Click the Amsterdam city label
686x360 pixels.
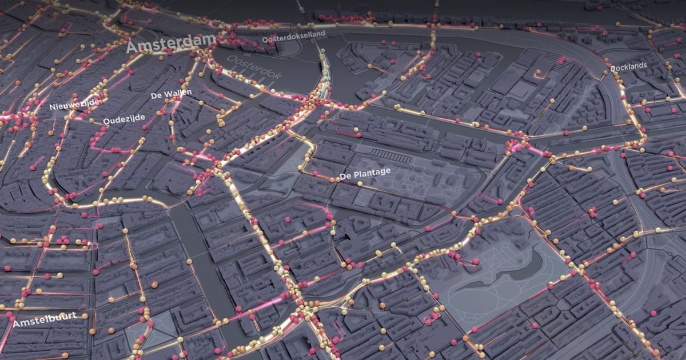[x=171, y=43]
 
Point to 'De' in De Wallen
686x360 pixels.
[x=156, y=96]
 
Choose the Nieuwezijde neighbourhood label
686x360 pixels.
[x=74, y=104]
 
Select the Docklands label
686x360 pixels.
[x=628, y=67]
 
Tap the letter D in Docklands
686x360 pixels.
[x=613, y=69]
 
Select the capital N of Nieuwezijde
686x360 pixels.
[x=52, y=107]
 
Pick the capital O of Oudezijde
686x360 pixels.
[x=106, y=121]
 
